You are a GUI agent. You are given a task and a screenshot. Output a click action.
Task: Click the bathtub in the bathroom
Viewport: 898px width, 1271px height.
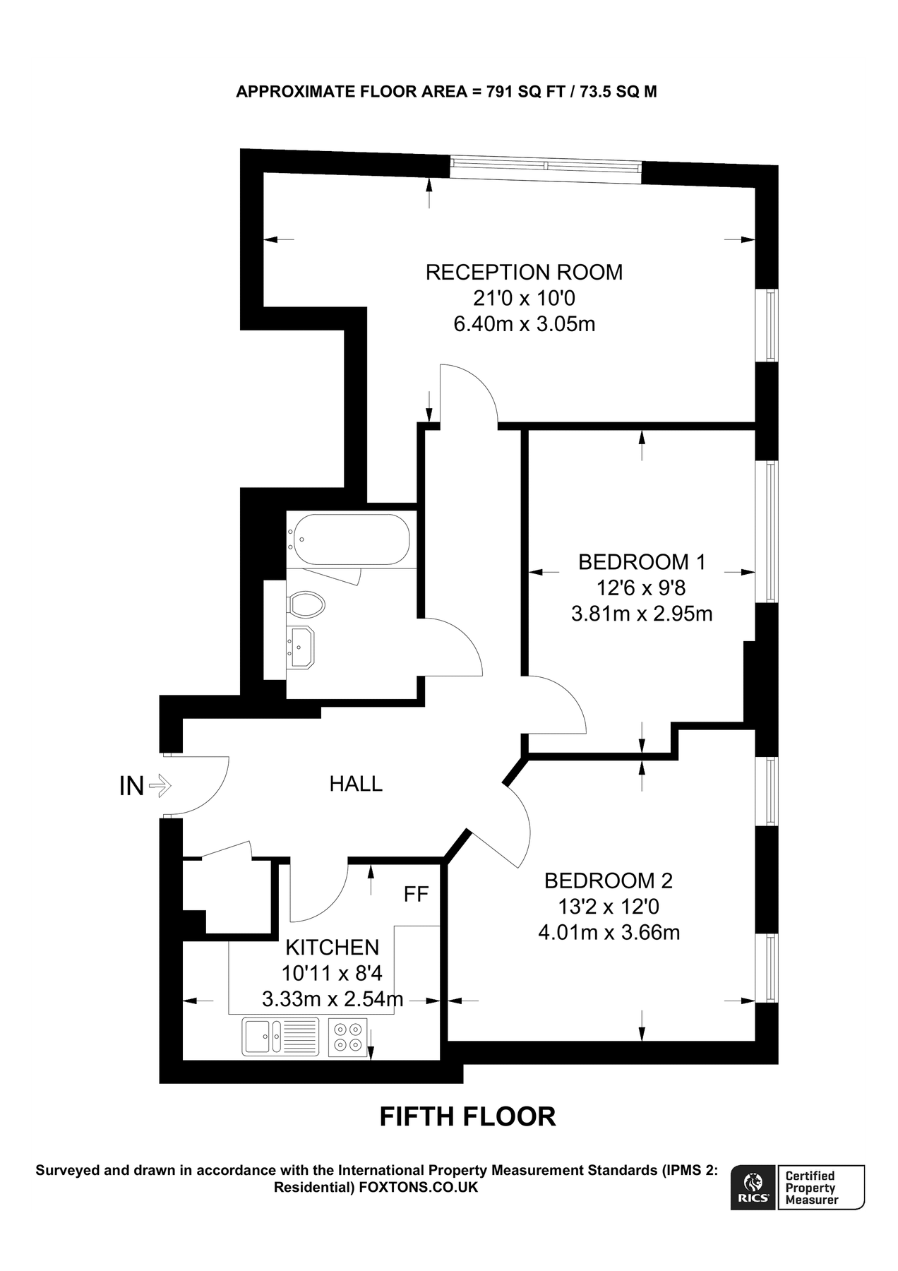pos(351,539)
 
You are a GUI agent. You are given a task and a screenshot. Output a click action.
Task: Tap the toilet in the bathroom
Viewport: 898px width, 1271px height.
pos(306,604)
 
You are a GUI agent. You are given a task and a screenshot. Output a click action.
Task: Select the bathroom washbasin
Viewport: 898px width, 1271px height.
pos(301,647)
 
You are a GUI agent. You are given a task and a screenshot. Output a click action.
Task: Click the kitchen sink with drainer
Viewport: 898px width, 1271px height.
pos(280,1037)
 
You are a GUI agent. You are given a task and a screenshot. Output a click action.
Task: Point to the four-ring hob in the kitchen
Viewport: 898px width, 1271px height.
pos(348,1037)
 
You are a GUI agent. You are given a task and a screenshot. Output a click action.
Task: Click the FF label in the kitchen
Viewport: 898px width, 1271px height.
pos(416,895)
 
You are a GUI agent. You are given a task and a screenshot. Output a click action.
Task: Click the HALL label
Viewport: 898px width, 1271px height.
pos(356,784)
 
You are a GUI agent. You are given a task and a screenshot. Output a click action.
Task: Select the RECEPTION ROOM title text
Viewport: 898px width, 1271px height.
pos(524,273)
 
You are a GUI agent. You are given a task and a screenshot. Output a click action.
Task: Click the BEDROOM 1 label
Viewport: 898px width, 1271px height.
pos(642,562)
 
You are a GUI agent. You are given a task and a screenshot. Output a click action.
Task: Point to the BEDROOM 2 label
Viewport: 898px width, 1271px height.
pos(609,881)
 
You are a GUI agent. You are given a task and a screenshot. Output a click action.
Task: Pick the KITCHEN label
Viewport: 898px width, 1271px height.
pos(332,947)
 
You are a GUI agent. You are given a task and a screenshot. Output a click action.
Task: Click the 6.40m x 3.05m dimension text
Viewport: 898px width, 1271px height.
pos(524,324)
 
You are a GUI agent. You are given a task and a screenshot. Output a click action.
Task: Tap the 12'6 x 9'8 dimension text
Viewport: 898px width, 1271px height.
pos(642,587)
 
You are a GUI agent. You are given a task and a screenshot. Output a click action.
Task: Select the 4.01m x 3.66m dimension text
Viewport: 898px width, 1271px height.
pos(609,933)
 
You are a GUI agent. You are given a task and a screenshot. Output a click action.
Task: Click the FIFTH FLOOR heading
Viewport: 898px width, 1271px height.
pos(467,1116)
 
